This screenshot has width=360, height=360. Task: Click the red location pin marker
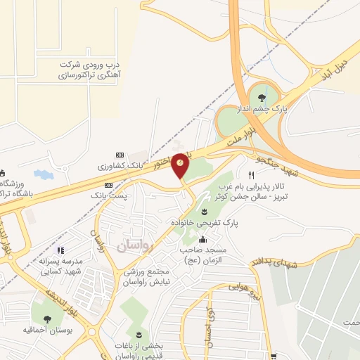[180, 165]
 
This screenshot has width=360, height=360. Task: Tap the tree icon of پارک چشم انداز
[262, 98]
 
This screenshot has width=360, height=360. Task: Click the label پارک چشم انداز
[269, 113]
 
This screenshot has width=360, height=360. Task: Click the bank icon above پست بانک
[107, 184]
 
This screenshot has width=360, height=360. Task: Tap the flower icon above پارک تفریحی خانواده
[205, 212]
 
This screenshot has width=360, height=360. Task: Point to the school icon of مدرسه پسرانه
[60, 250]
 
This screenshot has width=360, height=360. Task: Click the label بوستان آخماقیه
[46, 329]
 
